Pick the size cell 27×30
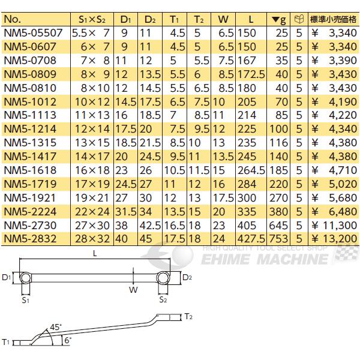(91, 225)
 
